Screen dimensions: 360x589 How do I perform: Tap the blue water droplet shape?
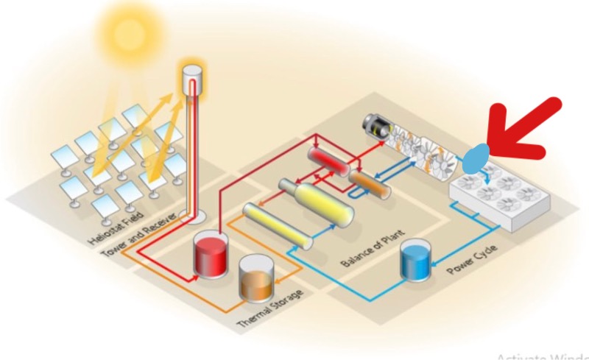[476, 155]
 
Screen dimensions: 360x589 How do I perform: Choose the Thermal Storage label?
[269, 311]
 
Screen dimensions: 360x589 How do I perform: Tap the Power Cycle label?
[471, 261]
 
